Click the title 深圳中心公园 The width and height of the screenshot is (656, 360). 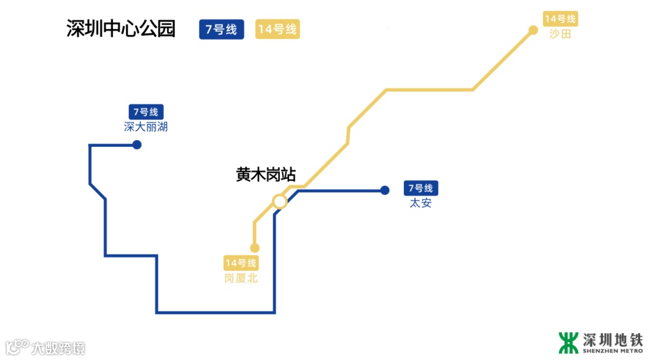[x=121, y=29]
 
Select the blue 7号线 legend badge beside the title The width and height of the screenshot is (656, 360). [x=221, y=29]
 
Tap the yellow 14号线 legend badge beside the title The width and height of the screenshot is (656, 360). [x=278, y=29]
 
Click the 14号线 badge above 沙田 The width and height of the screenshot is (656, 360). [x=560, y=18]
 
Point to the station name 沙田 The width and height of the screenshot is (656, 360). [x=560, y=34]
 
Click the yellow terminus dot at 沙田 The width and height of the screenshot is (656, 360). [x=533, y=30]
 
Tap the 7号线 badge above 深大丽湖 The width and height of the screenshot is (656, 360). [x=146, y=112]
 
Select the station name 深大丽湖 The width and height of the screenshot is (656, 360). [x=146, y=127]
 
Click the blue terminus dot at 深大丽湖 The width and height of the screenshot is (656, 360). [x=137, y=144]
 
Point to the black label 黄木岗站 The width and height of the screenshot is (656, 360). [x=265, y=175]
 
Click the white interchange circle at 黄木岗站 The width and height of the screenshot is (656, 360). [x=279, y=201]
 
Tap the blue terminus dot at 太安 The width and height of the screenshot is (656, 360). [x=384, y=190]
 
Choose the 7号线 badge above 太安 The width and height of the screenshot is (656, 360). [x=420, y=188]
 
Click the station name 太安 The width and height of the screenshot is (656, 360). [x=420, y=203]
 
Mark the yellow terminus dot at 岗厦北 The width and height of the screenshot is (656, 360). [x=255, y=248]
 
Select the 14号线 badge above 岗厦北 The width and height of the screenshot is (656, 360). [x=241, y=263]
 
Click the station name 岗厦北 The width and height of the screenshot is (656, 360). [x=241, y=278]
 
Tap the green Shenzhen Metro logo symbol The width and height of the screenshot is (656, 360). [x=569, y=342]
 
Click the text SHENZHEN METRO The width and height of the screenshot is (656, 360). [x=612, y=350]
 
